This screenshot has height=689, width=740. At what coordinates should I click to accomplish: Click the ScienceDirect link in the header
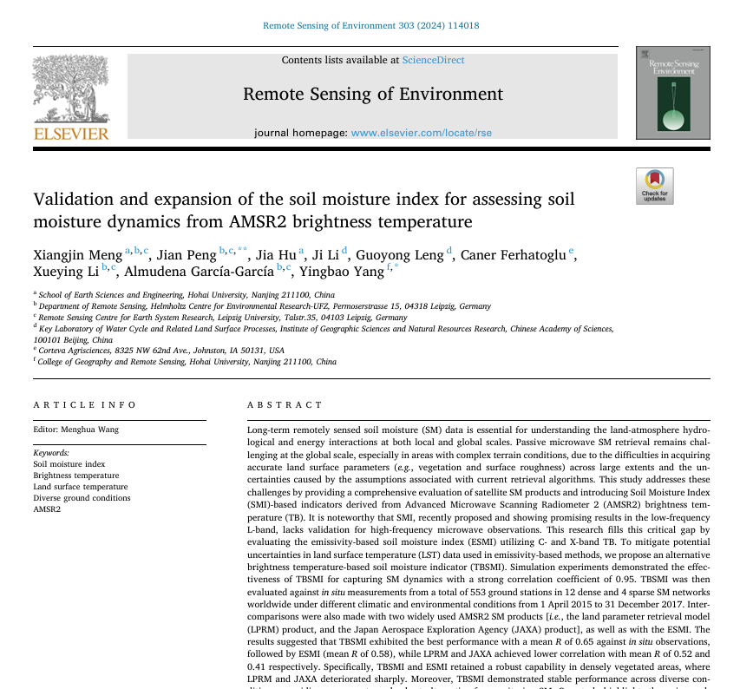[x=433, y=60]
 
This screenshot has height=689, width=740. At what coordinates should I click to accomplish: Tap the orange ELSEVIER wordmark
[x=71, y=134]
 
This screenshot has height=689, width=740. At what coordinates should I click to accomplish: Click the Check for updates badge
[x=654, y=186]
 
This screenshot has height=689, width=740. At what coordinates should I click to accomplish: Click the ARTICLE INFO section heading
[x=85, y=405]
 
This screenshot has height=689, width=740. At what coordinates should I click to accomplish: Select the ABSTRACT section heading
[x=285, y=405]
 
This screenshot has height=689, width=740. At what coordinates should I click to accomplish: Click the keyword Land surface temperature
[x=81, y=487]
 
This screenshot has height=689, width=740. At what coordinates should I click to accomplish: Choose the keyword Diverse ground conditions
[x=82, y=498]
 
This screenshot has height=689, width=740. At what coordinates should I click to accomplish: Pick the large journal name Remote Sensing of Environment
[x=372, y=95]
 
